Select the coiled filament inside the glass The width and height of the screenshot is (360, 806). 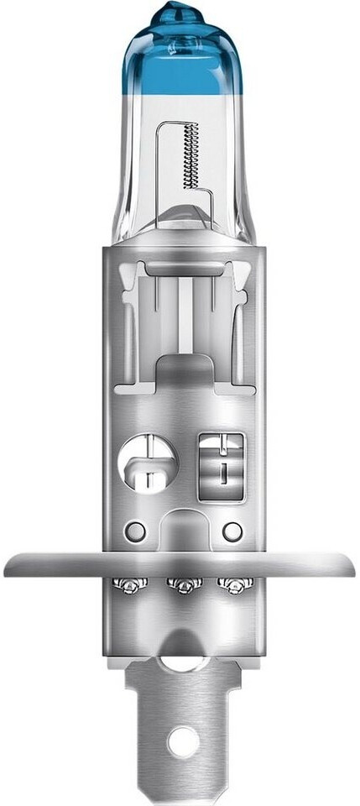coord(190,155)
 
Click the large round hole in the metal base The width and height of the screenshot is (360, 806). coord(149,462)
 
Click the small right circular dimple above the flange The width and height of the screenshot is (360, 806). coord(232,531)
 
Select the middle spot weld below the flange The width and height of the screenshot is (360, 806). coord(180,584)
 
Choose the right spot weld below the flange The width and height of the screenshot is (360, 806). coord(232,584)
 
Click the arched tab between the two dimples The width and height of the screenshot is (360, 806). coord(181,525)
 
